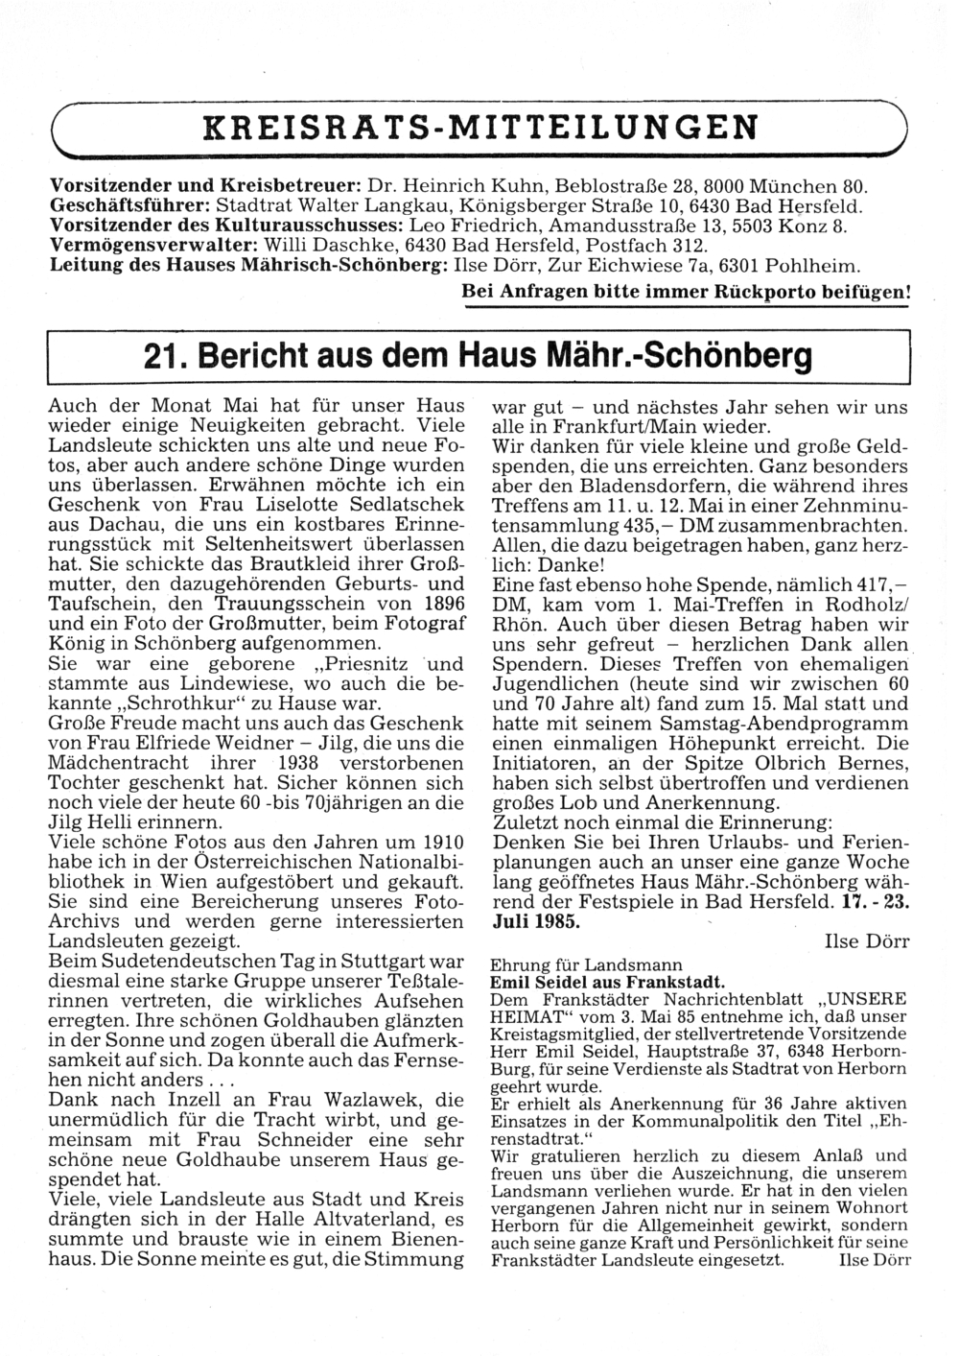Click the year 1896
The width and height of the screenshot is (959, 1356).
[436, 603]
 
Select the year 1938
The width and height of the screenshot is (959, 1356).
[303, 764]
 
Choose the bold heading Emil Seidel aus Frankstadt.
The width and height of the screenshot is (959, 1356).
[607, 982]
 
